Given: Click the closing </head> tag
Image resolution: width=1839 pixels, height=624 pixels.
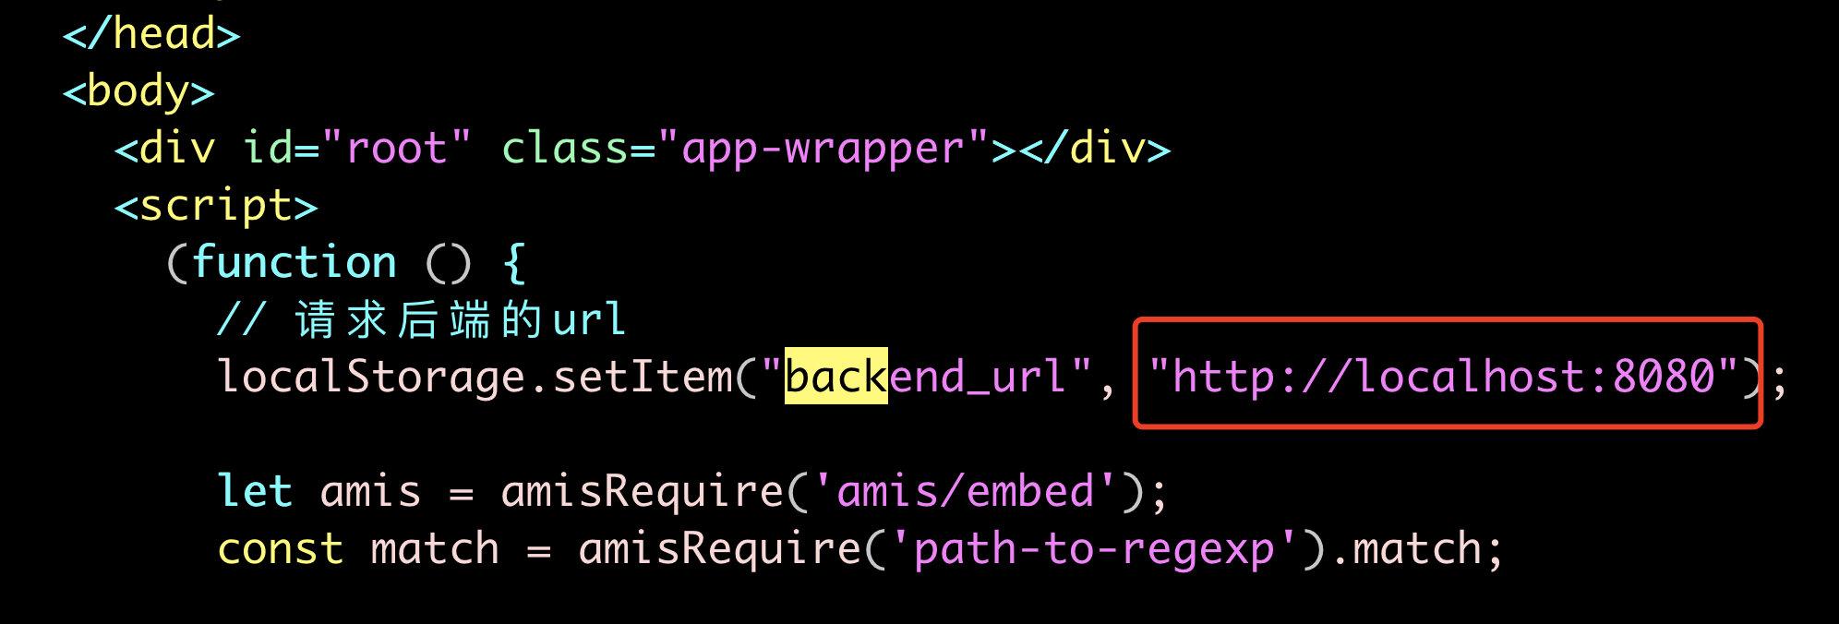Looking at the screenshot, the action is tap(151, 35).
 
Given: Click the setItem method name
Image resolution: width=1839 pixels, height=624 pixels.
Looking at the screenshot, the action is tap(642, 378).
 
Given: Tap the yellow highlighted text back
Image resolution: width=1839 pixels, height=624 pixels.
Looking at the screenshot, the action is tap(835, 378).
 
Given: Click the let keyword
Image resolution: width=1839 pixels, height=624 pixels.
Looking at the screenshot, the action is tap(255, 491).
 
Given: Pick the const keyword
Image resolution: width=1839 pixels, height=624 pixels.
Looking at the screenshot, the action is tap(281, 549).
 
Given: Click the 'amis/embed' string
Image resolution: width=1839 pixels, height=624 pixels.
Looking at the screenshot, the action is tap(965, 491).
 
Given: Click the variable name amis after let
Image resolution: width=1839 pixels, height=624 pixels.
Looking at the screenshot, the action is tap(370, 491).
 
